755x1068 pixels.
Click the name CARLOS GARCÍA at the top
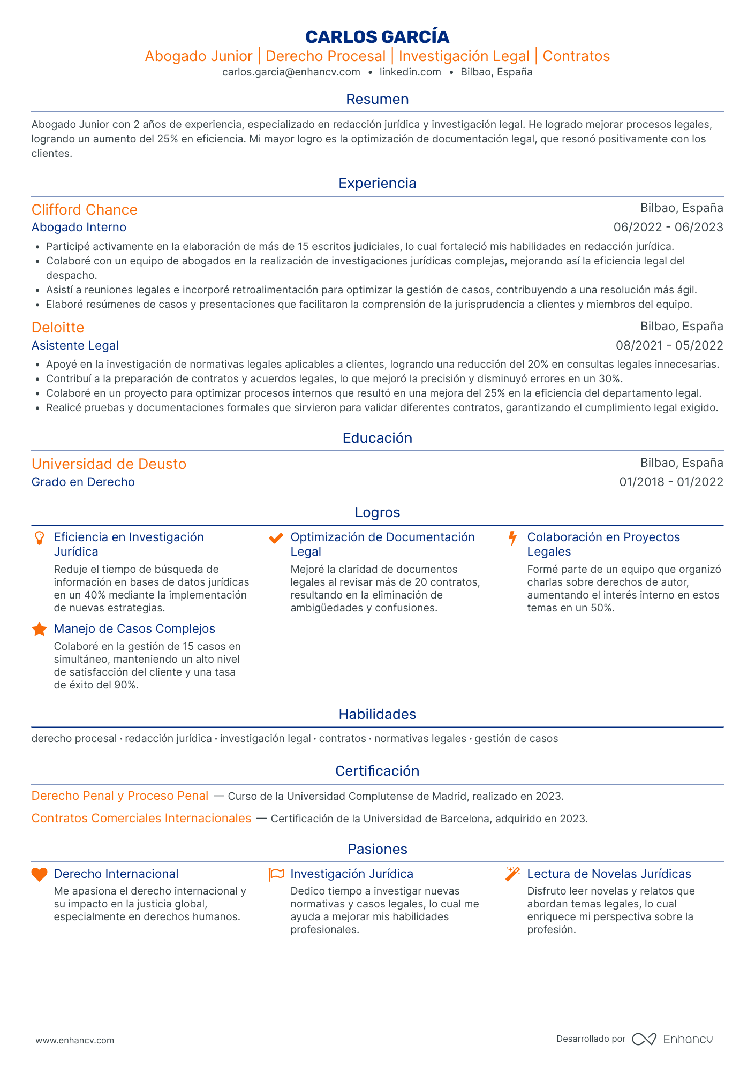point(377,36)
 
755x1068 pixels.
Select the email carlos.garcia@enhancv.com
point(291,72)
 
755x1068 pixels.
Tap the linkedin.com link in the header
point(410,72)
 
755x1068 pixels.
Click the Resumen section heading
point(377,99)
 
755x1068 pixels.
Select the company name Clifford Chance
point(84,210)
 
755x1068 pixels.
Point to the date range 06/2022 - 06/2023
point(668,227)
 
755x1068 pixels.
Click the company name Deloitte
point(58,328)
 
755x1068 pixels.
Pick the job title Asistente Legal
point(75,346)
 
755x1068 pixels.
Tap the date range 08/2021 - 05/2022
point(669,346)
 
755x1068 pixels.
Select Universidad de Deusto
point(109,464)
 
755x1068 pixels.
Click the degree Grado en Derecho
point(83,482)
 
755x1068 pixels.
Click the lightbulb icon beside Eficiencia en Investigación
point(39,538)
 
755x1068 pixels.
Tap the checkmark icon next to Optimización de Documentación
point(276,538)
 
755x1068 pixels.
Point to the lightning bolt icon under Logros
point(512,538)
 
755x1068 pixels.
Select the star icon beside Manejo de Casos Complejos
point(39,629)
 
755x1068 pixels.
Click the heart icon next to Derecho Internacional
point(39,874)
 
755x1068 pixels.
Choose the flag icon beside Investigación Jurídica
point(276,874)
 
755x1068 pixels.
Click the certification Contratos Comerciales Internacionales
point(141,819)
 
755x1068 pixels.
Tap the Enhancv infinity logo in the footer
point(644,1039)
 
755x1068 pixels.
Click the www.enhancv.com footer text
point(75,1041)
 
